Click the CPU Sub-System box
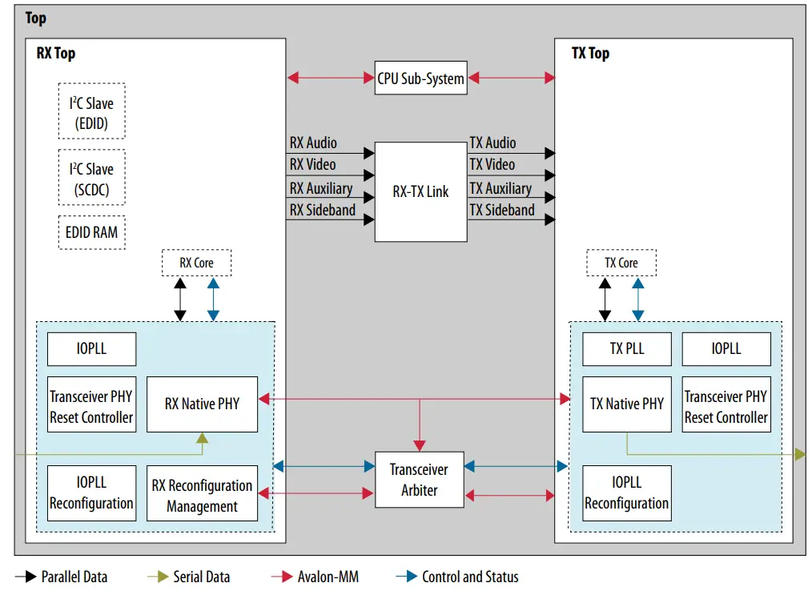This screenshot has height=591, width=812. tap(420, 78)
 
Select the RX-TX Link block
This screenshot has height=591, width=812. tap(420, 192)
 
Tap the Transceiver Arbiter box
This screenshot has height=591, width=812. tap(419, 480)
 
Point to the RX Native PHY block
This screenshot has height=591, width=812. tap(202, 404)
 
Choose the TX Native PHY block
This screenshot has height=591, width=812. tap(626, 404)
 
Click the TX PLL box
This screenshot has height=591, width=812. tap(626, 349)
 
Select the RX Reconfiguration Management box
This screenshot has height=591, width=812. tap(202, 496)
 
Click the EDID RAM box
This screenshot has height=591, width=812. tap(91, 232)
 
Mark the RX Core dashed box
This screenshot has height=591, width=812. tap(196, 263)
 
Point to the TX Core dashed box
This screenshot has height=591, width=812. tap(621, 263)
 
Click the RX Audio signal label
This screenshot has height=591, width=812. tap(313, 143)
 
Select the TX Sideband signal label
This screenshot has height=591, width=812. tap(501, 211)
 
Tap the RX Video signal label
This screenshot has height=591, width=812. tap(312, 165)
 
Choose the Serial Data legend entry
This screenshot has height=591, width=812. tap(201, 577)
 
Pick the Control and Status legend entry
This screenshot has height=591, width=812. tap(469, 577)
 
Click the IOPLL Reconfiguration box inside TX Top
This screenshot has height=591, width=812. tap(626, 493)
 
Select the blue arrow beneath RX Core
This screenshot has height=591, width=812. tap(212, 300)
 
